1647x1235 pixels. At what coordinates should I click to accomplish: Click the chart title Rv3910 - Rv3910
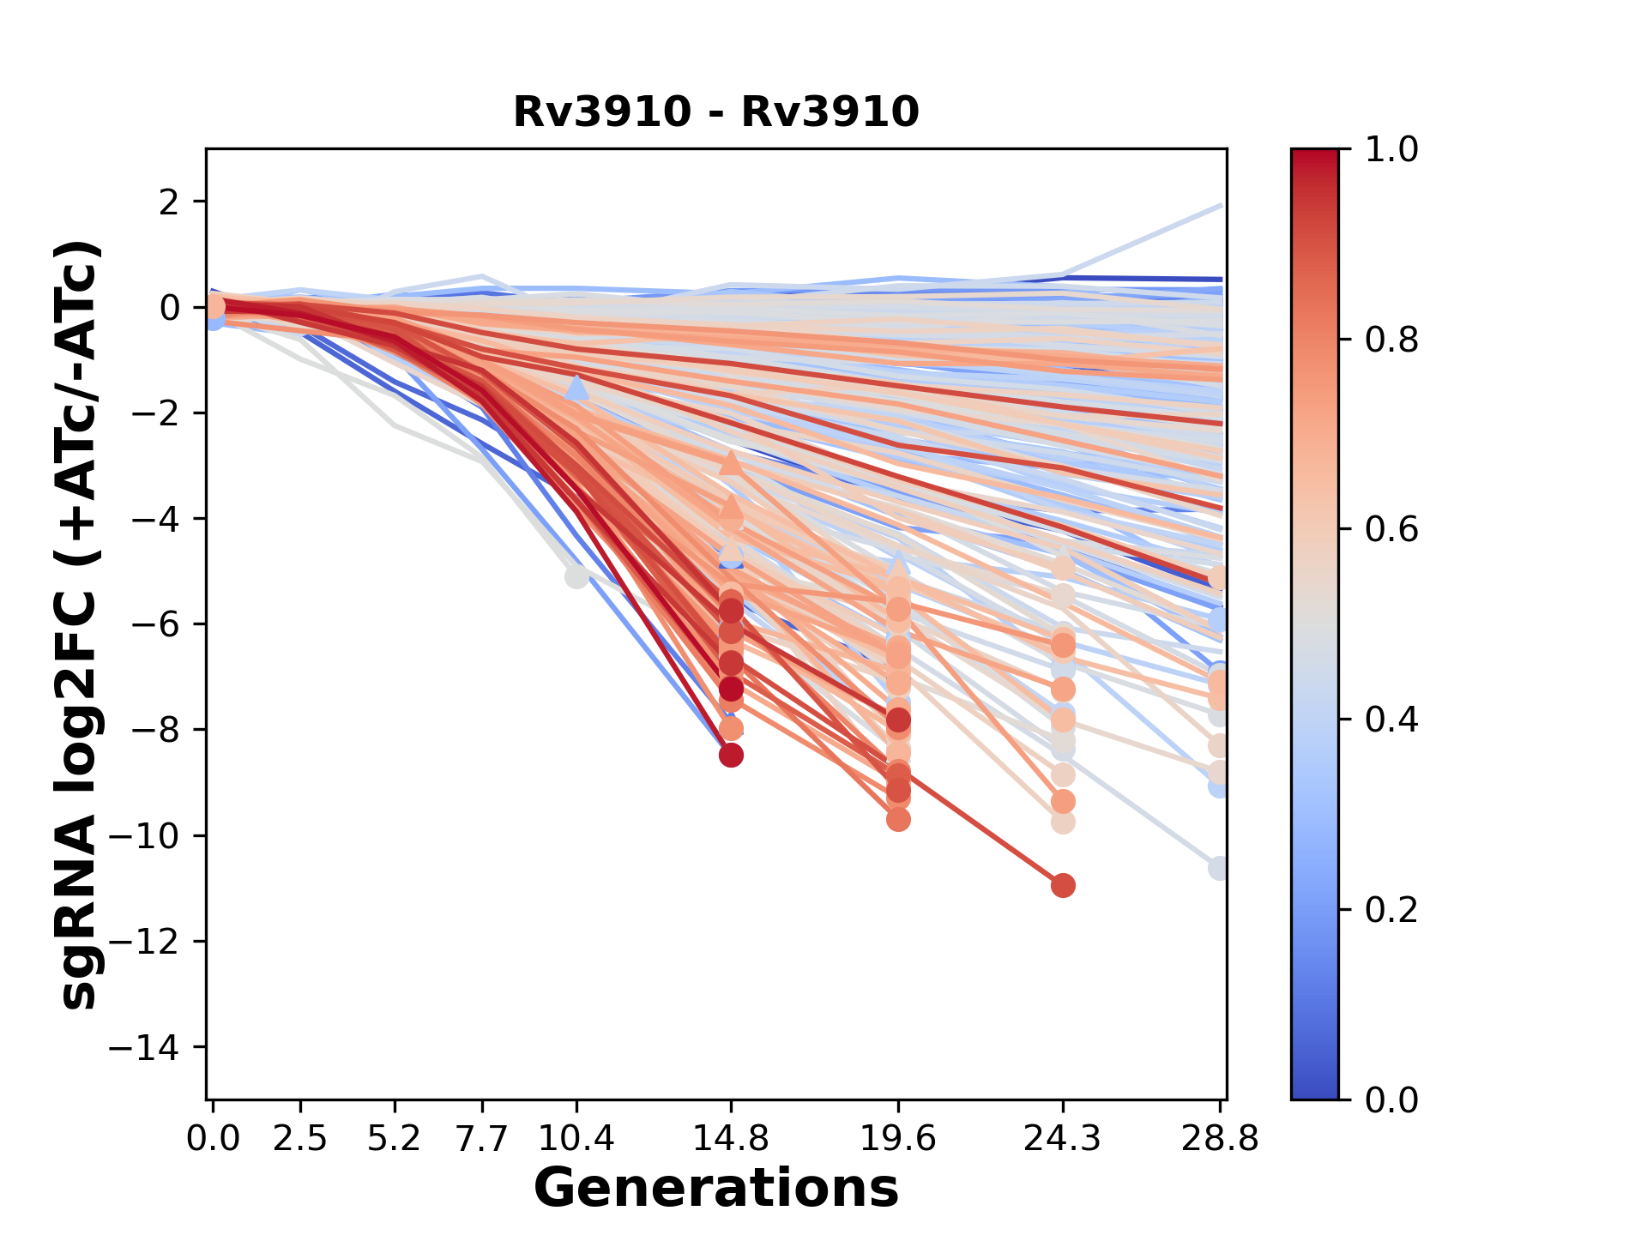click(715, 112)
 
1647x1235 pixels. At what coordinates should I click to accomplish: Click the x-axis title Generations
click(715, 1189)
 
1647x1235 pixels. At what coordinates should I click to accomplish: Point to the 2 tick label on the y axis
click(170, 202)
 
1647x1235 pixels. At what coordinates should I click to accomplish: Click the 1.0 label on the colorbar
click(1391, 150)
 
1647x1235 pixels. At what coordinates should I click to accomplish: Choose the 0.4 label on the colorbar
click(1391, 720)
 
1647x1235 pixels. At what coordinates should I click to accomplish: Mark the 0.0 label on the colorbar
click(1391, 1099)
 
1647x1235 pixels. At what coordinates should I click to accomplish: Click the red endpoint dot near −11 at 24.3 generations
click(1063, 885)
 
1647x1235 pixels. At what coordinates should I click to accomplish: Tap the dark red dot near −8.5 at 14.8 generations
click(731, 756)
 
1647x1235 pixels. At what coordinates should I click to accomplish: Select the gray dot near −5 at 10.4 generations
click(576, 576)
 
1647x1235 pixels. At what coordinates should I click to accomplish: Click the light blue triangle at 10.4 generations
click(576, 388)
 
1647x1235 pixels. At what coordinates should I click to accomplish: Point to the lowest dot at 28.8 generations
click(1218, 869)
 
